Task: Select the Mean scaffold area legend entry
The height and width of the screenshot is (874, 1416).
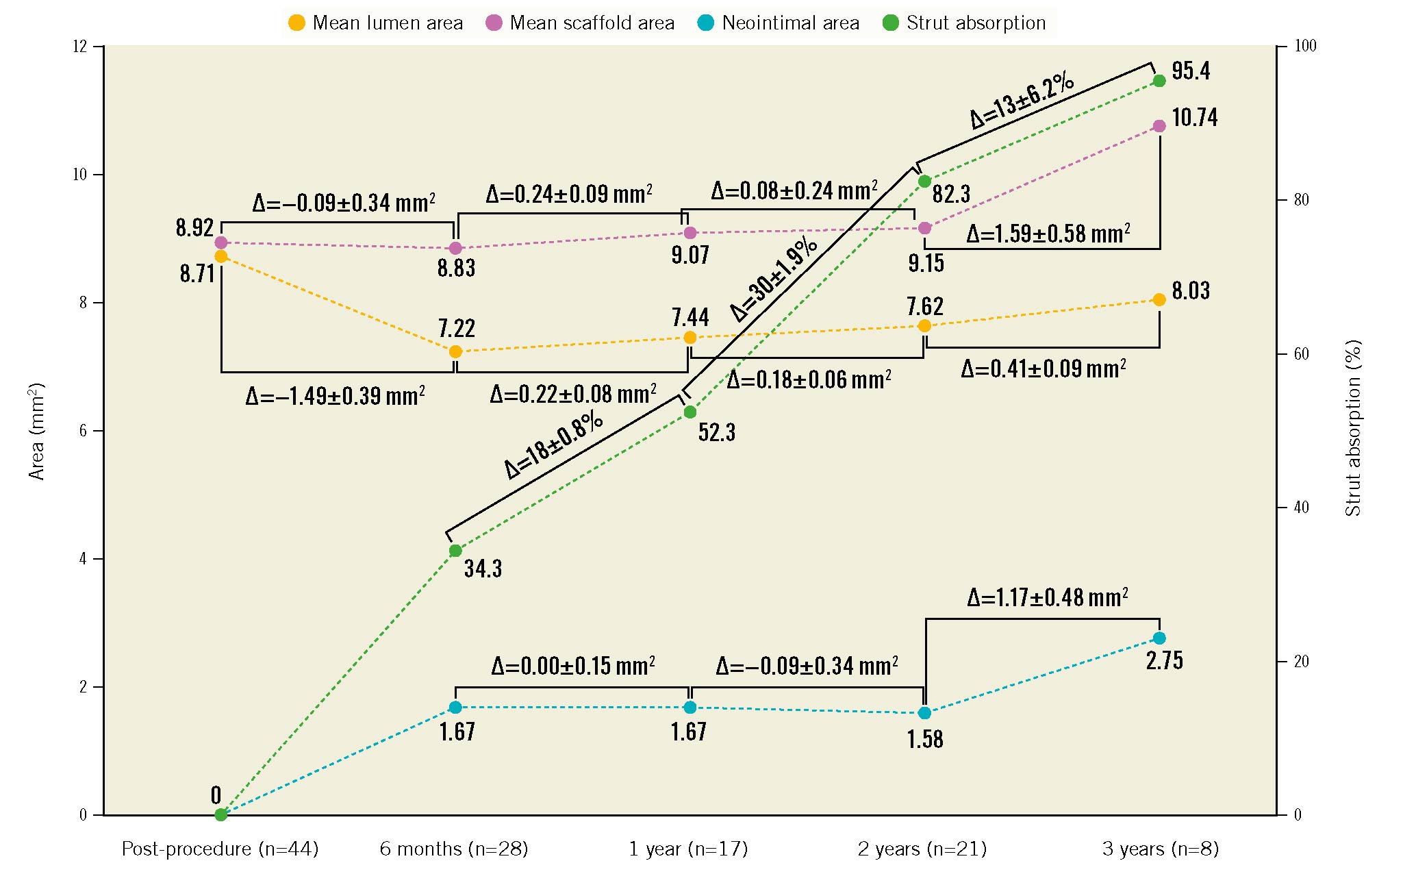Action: [581, 23]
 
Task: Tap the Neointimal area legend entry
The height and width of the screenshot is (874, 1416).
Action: [781, 23]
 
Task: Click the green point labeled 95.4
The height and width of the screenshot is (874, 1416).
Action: [1159, 81]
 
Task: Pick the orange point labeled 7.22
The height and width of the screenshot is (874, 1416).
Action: [455, 351]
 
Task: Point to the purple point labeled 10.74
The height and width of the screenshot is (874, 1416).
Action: [1159, 126]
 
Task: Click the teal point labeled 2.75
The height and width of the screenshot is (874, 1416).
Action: [1159, 638]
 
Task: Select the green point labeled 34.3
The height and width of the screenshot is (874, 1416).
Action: [455, 551]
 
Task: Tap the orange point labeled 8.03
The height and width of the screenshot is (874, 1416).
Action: [1159, 299]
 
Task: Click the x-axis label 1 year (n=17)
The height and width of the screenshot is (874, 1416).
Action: [688, 849]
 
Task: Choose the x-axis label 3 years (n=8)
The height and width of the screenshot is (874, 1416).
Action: [1160, 849]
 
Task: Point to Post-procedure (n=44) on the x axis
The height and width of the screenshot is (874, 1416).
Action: [220, 849]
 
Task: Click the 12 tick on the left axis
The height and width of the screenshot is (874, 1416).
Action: [80, 47]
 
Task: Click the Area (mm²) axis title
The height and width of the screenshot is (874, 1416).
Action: [36, 432]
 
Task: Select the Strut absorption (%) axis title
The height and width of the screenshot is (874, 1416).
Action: [1353, 428]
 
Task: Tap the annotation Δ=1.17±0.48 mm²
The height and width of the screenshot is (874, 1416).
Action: [1047, 598]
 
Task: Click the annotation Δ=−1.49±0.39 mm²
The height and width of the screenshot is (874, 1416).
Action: [335, 396]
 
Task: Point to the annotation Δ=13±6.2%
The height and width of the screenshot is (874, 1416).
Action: [1022, 101]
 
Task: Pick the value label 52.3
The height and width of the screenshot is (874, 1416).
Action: [716, 432]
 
